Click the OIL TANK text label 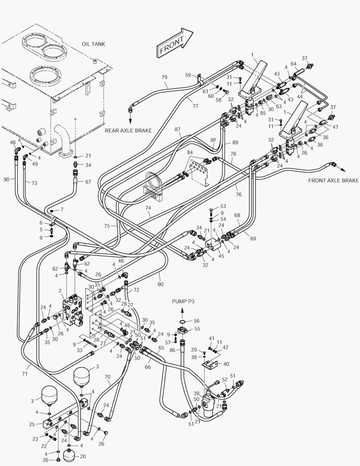93,44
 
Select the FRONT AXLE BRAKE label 333,180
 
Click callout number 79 164,77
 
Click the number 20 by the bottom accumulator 83,456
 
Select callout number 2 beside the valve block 60,291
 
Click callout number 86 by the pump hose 172,351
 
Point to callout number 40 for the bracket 226,363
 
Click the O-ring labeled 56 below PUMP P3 183,321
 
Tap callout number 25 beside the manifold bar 32,425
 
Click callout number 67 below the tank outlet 88,182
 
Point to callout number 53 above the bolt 223,206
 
